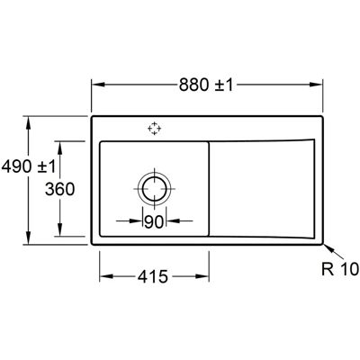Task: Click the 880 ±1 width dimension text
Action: click(x=206, y=85)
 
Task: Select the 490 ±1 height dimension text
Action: click(x=29, y=166)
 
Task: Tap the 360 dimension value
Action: click(x=59, y=189)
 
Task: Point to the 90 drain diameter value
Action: click(x=154, y=222)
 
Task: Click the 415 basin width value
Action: click(x=153, y=276)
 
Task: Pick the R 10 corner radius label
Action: click(x=340, y=269)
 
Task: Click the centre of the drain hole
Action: click(x=155, y=189)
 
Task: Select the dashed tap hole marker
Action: click(x=154, y=129)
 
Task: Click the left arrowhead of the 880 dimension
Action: click(x=98, y=85)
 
